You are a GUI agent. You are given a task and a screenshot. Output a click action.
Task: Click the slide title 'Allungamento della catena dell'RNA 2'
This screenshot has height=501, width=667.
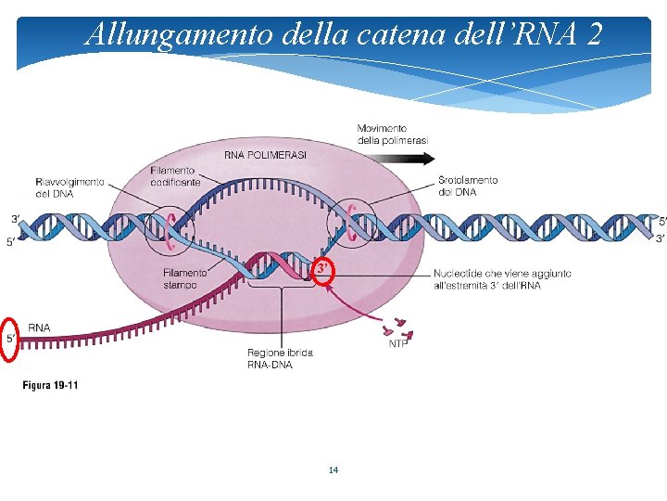pos(343,34)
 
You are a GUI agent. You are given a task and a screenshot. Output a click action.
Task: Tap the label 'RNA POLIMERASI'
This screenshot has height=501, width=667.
pos(266,155)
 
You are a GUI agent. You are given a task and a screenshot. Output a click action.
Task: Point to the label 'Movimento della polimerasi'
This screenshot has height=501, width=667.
pos(393,134)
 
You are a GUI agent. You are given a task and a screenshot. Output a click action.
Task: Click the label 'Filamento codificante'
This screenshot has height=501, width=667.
pos(175,176)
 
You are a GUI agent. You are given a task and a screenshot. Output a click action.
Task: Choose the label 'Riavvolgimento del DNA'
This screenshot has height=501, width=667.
pos(69,187)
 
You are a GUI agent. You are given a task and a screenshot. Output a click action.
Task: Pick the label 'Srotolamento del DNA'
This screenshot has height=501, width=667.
pos(468,186)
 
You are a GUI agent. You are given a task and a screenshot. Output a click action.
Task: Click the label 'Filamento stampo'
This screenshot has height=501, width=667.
pos(185,278)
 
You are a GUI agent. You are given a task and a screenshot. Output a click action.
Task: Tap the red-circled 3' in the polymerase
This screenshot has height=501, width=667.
pos(321,268)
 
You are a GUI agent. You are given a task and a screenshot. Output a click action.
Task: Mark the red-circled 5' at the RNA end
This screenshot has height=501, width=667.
pos(11,338)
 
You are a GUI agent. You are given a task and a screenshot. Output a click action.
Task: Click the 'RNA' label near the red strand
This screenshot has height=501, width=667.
pos(39,328)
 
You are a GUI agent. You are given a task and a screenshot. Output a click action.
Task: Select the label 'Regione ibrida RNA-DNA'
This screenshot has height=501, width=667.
pos(280,358)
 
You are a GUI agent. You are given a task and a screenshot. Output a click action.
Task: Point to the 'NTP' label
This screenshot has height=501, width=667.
pos(398,343)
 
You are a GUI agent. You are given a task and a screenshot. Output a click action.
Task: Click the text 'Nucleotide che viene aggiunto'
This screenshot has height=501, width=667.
pos(502,274)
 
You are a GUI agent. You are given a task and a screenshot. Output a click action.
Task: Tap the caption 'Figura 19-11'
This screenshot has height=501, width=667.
pos(50,385)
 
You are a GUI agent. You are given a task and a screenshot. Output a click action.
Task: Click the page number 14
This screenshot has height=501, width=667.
pos(333,470)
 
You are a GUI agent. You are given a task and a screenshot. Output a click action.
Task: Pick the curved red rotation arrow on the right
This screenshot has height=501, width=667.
pos(352,216)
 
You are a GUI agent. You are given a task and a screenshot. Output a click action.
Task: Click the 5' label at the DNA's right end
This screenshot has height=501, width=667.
pos(661,221)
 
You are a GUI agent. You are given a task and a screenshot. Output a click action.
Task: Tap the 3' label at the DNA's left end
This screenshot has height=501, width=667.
pos(16,219)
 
